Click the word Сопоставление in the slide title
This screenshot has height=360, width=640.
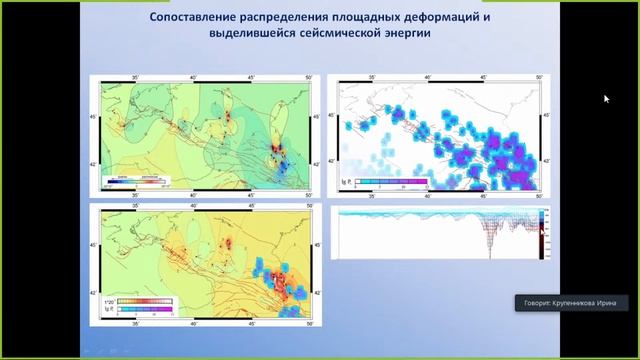click(x=201, y=17)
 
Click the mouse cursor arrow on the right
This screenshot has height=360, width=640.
click(x=606, y=98)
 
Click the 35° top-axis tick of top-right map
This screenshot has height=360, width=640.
click(x=372, y=79)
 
